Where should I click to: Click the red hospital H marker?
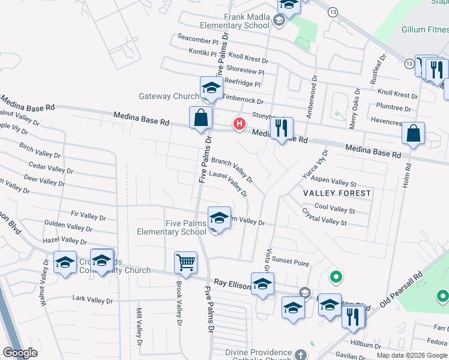coord(240,124)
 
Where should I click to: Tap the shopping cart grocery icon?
coord(185,262)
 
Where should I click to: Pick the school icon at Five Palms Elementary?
coord(219,218)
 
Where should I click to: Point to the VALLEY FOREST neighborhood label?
coord(337,193)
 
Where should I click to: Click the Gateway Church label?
coord(169,96)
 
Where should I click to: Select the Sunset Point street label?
coord(291,262)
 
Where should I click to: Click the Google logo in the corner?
coord(19,353)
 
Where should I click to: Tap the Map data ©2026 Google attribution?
coord(412,355)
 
